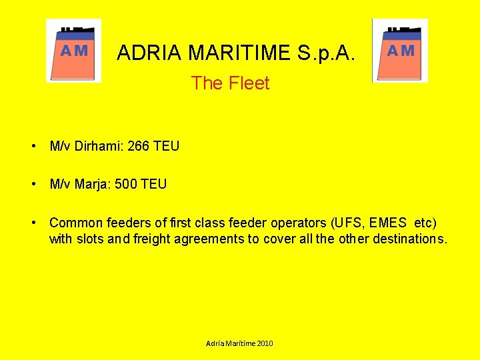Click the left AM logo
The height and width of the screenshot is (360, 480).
click(74, 51)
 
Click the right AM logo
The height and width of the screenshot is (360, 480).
click(400, 51)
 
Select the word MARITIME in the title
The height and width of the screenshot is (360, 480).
click(239, 52)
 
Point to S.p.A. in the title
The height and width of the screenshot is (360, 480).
click(328, 52)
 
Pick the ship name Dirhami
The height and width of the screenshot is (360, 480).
click(100, 146)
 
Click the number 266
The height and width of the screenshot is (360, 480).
click(138, 146)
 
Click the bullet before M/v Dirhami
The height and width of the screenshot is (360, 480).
click(32, 146)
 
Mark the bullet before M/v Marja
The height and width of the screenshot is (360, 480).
click(32, 183)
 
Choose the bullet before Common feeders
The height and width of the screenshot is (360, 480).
click(32, 222)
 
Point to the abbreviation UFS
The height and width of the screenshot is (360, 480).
click(347, 222)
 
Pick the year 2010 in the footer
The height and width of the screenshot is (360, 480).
click(263, 343)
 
